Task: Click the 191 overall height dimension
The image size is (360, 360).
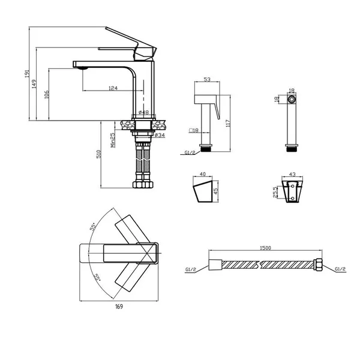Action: click(27, 73)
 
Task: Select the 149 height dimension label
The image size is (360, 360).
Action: click(34, 84)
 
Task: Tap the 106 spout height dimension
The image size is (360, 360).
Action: click(46, 94)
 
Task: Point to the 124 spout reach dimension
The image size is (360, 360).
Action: click(113, 88)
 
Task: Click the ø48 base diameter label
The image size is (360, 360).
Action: click(144, 112)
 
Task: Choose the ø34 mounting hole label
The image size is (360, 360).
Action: click(160, 135)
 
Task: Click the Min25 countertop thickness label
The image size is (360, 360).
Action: click(113, 140)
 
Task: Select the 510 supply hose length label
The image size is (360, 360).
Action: click(98, 154)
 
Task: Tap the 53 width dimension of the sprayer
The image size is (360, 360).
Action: click(207, 79)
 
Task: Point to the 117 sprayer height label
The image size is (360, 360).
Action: click(228, 124)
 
